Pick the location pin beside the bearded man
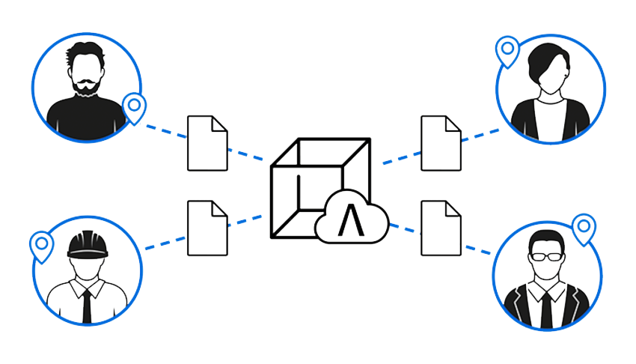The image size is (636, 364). (x=134, y=107)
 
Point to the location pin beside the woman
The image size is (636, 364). (x=508, y=51)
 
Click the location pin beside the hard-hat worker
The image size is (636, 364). (x=41, y=245)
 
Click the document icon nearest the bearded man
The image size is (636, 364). (x=207, y=142)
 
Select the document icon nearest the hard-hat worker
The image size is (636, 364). (x=207, y=228)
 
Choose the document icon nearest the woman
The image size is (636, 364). (x=441, y=142)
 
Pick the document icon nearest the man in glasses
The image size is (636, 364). (x=441, y=228)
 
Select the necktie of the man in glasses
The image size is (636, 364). (x=546, y=307)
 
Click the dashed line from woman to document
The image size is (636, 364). (x=480, y=134)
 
